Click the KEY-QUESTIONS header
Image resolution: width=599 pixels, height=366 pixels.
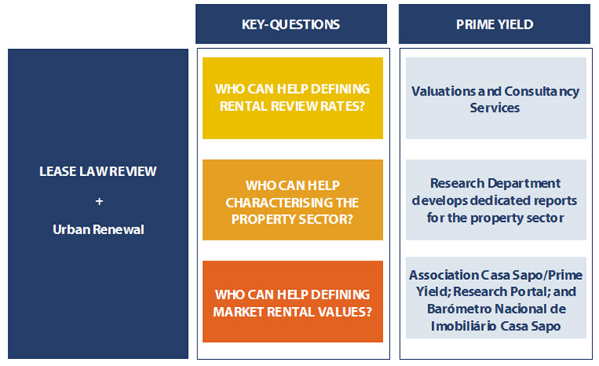(291, 24)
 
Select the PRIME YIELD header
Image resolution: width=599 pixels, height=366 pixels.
(494, 24)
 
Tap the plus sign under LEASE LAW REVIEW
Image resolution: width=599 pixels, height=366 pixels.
(99, 201)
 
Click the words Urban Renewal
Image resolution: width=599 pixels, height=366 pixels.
(98, 230)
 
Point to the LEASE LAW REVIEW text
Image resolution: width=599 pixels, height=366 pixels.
(98, 171)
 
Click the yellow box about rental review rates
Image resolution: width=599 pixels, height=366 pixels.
(293, 98)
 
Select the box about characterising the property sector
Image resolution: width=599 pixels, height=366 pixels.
(293, 200)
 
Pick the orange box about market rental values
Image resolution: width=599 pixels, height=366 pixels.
(293, 301)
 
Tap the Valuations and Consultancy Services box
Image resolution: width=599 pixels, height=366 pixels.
(496, 98)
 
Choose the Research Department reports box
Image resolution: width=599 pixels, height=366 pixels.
(496, 200)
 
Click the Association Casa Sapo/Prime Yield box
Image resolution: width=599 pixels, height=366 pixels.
(496, 298)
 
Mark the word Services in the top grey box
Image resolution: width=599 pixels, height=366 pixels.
(495, 108)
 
